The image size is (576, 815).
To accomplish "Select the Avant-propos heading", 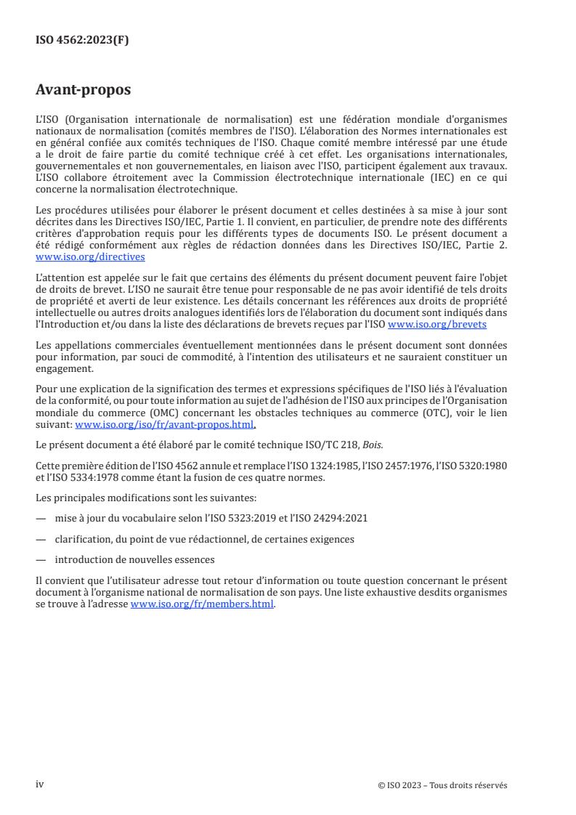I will [x=83, y=91].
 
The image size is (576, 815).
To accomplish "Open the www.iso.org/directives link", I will [x=90, y=257].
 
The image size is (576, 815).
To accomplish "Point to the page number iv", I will [x=40, y=784].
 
